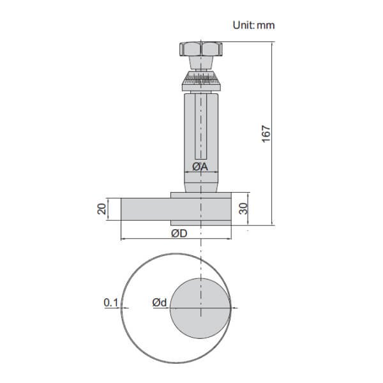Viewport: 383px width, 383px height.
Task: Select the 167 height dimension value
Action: [x=267, y=133]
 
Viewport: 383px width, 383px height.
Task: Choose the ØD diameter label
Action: [x=179, y=233]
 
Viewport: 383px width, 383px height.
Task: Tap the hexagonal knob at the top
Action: [x=200, y=49]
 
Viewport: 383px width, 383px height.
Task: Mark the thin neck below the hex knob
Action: [x=200, y=64]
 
